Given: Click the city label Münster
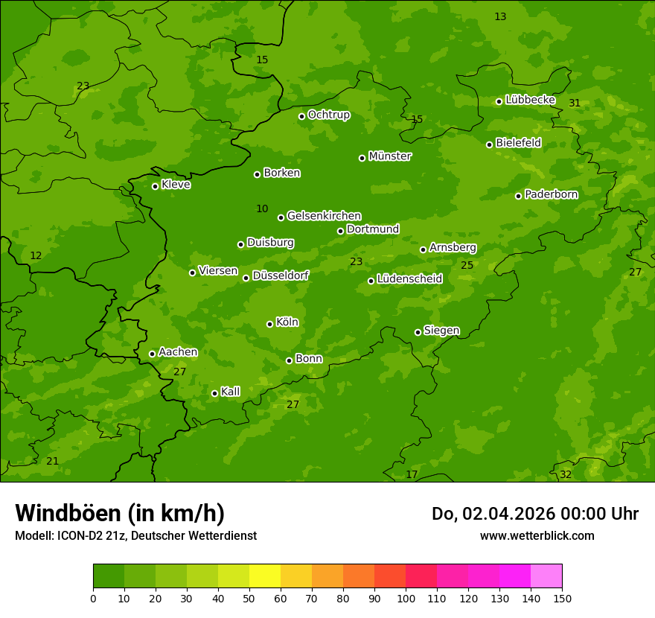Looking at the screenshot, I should click(x=390, y=156).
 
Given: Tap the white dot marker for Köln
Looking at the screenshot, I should click(x=269, y=324).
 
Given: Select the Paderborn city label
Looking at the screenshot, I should click(x=552, y=194).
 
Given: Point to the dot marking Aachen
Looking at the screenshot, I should click(x=152, y=354).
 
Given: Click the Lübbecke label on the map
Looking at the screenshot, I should click(x=530, y=100).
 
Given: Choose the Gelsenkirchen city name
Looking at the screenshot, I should click(x=324, y=216).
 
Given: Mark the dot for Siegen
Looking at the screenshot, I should click(x=418, y=332).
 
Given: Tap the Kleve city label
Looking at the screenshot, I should click(x=176, y=185).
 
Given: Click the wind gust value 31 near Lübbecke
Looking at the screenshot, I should click(x=575, y=103).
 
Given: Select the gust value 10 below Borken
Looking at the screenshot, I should click(x=262, y=208).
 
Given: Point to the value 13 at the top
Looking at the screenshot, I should click(x=500, y=16).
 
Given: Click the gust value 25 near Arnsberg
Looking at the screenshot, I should click(x=467, y=265).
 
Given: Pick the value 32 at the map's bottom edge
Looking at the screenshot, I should click(x=566, y=474).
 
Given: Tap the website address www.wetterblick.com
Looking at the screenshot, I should click(x=537, y=535).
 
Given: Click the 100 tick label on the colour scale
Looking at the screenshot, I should click(x=406, y=598).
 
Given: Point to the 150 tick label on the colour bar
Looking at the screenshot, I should click(x=561, y=598).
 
